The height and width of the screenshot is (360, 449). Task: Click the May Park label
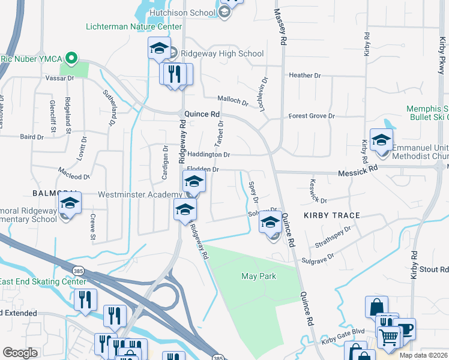coord(258,276)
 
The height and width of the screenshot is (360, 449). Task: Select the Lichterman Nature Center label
coord(134,27)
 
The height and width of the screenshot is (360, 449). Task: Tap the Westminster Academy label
coord(140,194)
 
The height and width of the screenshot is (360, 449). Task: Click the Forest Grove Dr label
coord(311,116)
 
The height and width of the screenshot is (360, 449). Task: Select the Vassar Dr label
coord(58,78)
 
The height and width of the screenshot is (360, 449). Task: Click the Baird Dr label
coord(32,137)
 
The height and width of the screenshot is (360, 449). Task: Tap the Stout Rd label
coord(434,270)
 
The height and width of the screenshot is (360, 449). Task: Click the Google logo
coord(20,353)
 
